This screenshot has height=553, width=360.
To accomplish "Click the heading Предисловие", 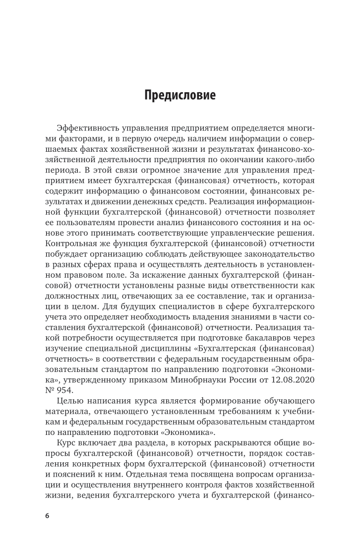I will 180,95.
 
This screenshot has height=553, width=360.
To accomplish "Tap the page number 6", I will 47,516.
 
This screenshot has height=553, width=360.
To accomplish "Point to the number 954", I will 64,390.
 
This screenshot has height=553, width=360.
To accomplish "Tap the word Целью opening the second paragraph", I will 71,402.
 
